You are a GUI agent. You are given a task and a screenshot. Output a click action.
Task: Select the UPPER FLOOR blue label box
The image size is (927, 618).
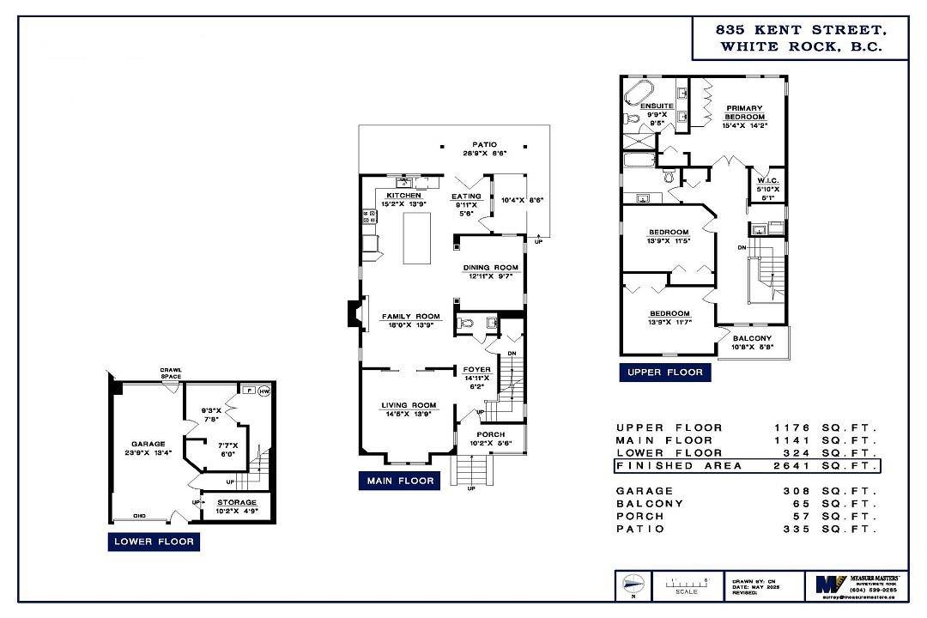click(x=664, y=372)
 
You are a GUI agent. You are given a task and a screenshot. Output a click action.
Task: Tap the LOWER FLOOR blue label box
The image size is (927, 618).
click(x=154, y=542)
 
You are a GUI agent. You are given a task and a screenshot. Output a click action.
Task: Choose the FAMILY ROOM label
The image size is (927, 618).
click(x=410, y=317)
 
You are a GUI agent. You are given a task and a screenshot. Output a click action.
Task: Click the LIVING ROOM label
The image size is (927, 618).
click(x=409, y=405)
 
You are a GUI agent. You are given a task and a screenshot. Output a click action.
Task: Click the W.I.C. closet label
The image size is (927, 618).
click(x=767, y=180)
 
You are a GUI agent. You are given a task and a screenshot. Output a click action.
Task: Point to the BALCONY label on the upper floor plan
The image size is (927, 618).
click(x=752, y=338)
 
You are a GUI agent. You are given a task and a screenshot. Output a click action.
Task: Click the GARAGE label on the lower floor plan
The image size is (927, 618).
click(x=148, y=444)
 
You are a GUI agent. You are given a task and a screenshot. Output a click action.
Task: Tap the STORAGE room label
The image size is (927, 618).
click(x=236, y=502)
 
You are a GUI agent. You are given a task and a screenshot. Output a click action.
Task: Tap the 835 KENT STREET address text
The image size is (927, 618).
click(x=800, y=29)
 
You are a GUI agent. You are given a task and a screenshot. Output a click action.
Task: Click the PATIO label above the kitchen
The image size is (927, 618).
click(x=484, y=144)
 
